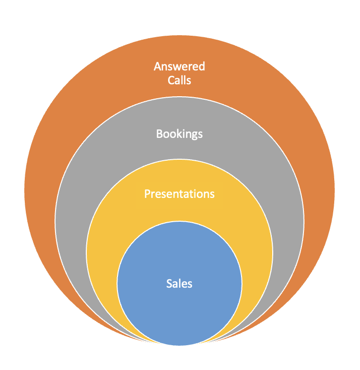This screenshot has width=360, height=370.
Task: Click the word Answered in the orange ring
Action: tap(179, 66)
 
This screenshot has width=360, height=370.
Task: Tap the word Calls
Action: tap(179, 79)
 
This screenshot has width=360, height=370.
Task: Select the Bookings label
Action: tap(179, 134)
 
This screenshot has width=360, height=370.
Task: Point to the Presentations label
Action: tap(179, 193)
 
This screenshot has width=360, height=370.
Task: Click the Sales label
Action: tap(179, 284)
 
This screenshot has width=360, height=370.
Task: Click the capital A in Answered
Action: tap(157, 66)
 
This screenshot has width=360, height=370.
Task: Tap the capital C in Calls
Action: tap(170, 79)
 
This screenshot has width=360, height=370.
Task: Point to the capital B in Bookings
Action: tap(159, 134)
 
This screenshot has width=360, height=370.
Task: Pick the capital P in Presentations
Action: tap(147, 193)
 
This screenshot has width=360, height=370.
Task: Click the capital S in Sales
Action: tap(169, 284)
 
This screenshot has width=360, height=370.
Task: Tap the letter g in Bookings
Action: tap(192, 135)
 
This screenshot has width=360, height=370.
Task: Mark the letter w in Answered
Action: tap(179, 67)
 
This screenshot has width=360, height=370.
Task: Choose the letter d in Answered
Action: tap(202, 66)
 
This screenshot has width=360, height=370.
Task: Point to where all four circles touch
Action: tap(180, 344)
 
